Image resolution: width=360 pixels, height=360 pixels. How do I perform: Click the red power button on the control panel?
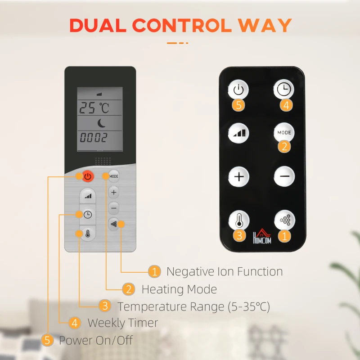tap(88, 176)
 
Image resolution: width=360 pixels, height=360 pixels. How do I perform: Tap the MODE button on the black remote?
tap(284, 133)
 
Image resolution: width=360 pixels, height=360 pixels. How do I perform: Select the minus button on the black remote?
tap(284, 176)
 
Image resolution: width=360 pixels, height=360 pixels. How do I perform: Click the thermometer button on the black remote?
tap(239, 220)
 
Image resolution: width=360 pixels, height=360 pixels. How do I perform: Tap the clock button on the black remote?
tap(284, 89)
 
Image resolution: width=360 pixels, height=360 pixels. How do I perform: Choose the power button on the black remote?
tap(238, 90)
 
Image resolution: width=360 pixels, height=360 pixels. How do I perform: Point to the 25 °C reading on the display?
tap(94, 108)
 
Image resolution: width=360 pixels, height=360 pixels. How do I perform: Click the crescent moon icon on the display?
tap(101, 123)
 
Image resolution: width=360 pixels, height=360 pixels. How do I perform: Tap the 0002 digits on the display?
tap(94, 138)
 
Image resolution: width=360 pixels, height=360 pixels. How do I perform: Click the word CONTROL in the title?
tap(182, 25)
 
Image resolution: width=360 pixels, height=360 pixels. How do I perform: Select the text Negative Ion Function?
tap(225, 272)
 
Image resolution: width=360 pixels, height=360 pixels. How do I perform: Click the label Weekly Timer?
tap(123, 323)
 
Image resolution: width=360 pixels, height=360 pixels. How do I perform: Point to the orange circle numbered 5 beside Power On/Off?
tap(47, 340)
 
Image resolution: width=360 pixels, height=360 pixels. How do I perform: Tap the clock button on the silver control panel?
tap(88, 215)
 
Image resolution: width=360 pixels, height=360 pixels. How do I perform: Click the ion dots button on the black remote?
tap(285, 220)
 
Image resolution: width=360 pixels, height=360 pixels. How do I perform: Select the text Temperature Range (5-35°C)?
tap(194, 306)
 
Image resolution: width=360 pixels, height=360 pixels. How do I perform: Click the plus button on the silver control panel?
tap(114, 192)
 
